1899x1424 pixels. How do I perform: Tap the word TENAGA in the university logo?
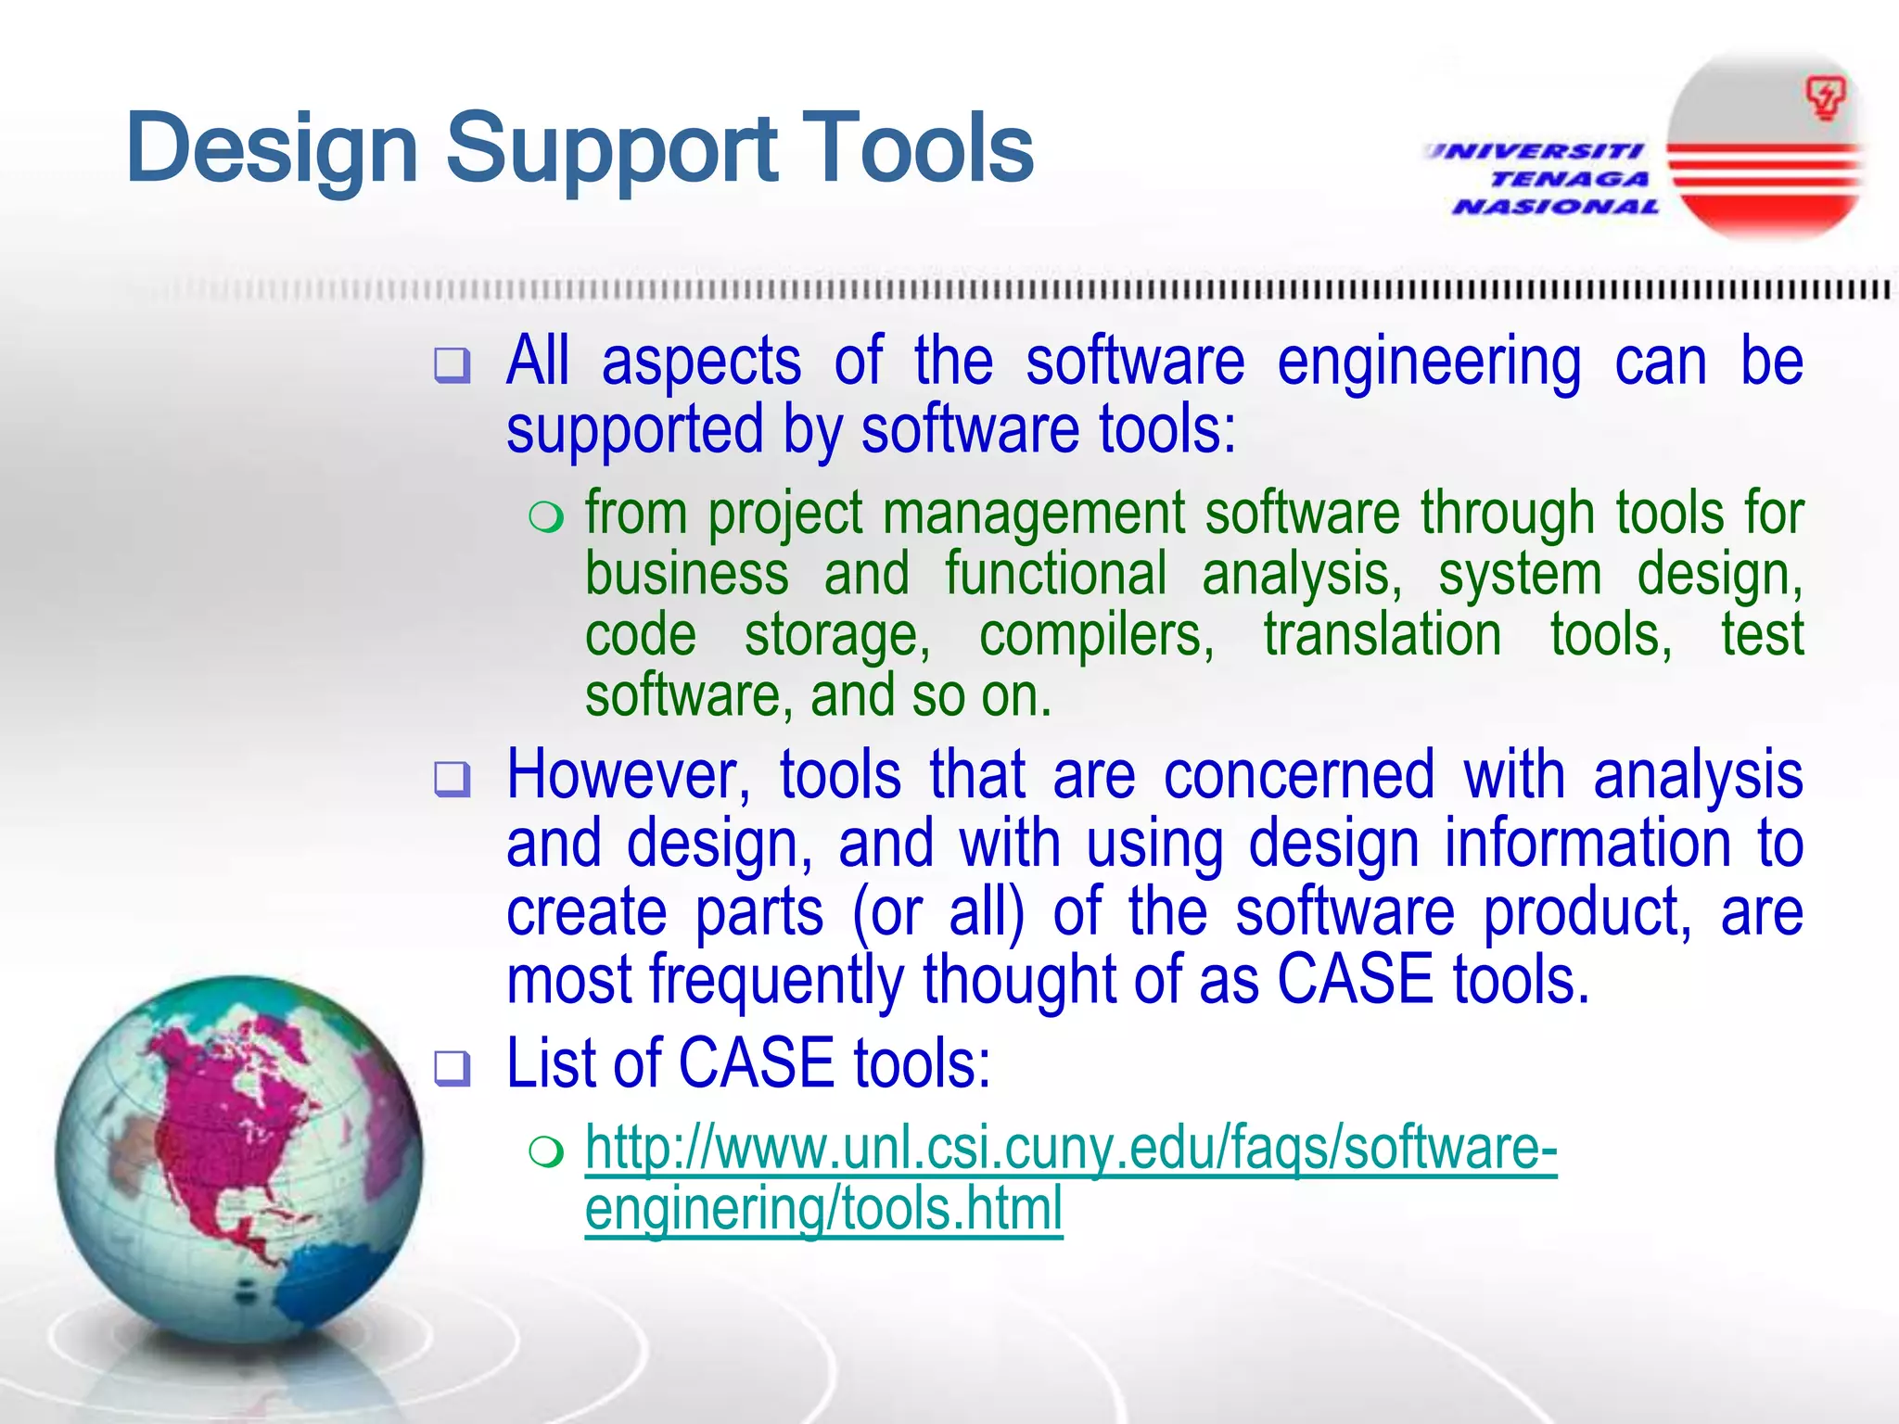point(1569,179)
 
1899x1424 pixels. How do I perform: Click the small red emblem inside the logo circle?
point(1825,98)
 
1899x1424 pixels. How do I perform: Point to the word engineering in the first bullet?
point(1428,363)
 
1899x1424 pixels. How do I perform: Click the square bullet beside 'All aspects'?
point(452,365)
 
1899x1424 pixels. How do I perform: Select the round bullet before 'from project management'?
point(546,517)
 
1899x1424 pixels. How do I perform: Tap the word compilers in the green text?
point(1096,636)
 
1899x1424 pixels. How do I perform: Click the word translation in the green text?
point(1382,636)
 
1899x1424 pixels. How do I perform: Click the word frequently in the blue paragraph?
point(775,981)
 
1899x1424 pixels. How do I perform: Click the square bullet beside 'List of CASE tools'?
point(452,1069)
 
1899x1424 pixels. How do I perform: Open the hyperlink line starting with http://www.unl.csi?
point(1070,1150)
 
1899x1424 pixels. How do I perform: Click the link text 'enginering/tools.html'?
point(823,1211)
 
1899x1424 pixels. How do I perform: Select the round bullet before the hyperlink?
point(546,1152)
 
